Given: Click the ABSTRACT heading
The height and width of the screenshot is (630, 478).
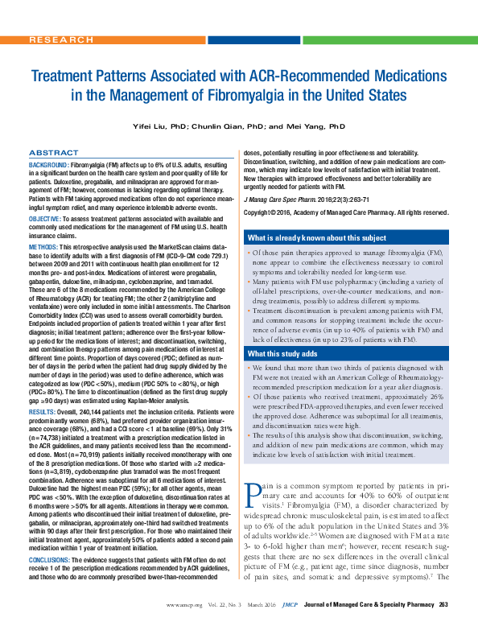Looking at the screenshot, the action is (x=53, y=152).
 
